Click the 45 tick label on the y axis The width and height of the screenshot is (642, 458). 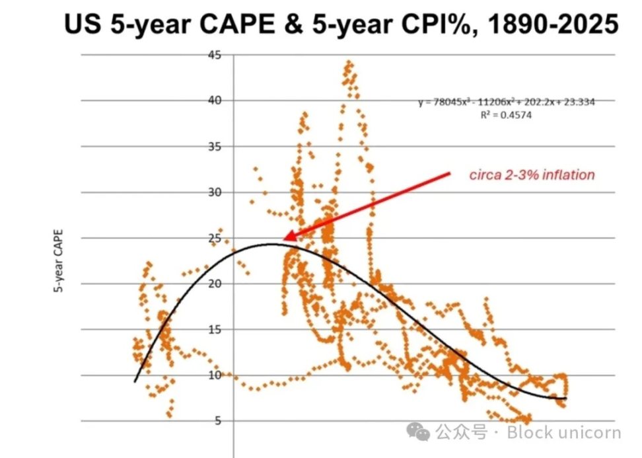[215, 55]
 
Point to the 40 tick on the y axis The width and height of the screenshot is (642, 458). [215, 100]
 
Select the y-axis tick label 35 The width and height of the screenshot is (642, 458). [215, 146]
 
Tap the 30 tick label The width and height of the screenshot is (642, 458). [215, 192]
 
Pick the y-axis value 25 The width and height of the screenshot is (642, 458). [215, 238]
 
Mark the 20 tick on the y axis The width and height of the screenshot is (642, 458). [215, 284]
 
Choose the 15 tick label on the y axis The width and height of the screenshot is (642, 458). [215, 329]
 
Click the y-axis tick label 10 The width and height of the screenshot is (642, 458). [215, 375]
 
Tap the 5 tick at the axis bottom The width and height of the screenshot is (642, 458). [218, 421]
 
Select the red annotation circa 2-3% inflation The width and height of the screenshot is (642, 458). [532, 175]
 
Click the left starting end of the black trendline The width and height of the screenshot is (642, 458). [135, 381]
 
